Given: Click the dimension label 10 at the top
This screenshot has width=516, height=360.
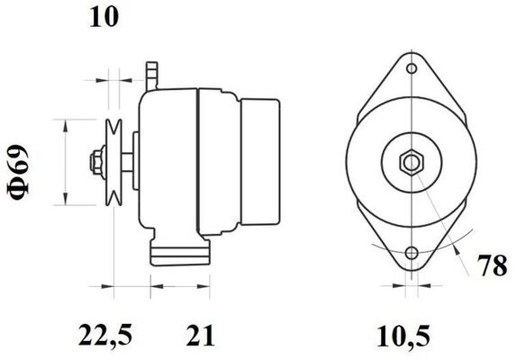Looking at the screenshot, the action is (104, 17).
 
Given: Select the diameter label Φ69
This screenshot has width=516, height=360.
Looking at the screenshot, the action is (18, 172).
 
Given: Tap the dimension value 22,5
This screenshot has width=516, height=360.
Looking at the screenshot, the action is (105, 335).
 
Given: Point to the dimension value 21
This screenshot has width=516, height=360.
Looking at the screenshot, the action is (200, 335).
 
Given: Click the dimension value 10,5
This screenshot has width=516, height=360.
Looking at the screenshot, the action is (403, 336).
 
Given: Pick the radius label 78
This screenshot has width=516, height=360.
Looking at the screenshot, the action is (493, 265).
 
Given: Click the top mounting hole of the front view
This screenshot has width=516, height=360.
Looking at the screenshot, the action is (412, 68).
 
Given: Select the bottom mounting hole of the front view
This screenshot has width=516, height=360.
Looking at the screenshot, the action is (412, 253).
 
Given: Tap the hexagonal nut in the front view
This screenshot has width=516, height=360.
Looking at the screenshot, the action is (412, 161).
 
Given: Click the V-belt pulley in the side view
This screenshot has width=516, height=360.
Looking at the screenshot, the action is (113, 162).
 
